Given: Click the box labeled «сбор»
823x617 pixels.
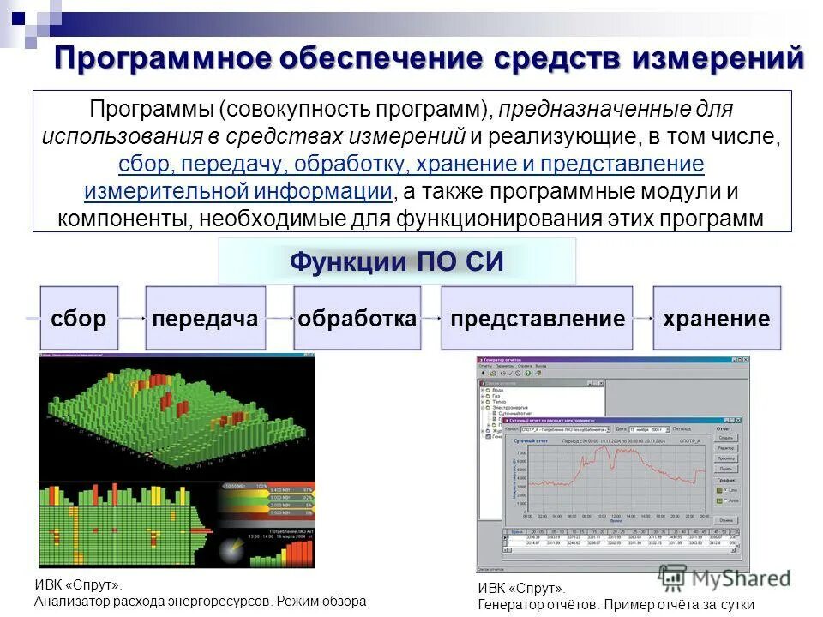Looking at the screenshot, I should [x=79, y=319].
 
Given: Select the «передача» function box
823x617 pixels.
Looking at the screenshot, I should [x=205, y=319].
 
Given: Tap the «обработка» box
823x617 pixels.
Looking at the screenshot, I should [x=357, y=319].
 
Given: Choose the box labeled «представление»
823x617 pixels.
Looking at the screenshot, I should [x=537, y=319].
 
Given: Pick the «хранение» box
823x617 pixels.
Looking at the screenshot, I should [x=717, y=319].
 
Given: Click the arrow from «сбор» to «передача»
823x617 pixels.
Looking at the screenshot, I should [x=132, y=319].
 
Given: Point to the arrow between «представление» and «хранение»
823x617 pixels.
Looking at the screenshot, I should [x=643, y=319].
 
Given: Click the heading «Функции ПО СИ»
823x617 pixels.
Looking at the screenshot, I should [x=396, y=261].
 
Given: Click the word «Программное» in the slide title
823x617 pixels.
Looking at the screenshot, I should [x=164, y=60].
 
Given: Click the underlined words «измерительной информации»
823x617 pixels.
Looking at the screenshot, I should [x=238, y=190].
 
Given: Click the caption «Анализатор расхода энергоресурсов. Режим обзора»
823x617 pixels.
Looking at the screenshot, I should [x=200, y=601].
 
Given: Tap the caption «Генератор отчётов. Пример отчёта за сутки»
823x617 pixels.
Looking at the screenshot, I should [x=616, y=604].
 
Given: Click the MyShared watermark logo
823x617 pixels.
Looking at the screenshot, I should [x=724, y=578].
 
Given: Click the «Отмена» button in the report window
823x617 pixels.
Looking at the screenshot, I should [x=725, y=520].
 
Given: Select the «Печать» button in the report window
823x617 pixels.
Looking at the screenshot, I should [x=725, y=469].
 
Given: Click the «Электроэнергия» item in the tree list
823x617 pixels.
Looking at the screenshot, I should [x=511, y=408].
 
